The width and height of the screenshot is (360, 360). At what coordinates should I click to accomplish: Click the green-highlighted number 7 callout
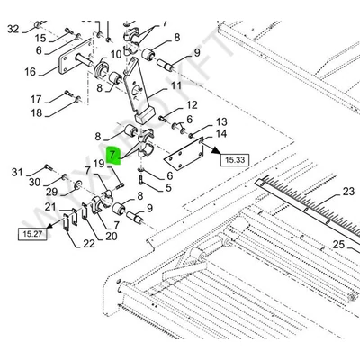113,156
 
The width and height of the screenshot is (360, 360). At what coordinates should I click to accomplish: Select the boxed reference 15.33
235,160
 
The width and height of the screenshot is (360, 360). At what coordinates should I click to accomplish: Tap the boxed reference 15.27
32,234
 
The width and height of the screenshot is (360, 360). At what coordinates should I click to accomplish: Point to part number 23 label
348,192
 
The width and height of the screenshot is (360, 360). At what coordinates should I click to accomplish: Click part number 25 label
338,245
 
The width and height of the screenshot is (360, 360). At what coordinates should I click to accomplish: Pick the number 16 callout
30,72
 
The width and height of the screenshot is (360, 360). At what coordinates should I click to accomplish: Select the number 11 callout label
176,85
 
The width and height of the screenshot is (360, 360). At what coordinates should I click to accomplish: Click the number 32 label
13,30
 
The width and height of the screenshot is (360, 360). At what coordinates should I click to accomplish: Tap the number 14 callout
221,134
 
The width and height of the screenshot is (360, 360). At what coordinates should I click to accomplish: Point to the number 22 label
89,244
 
